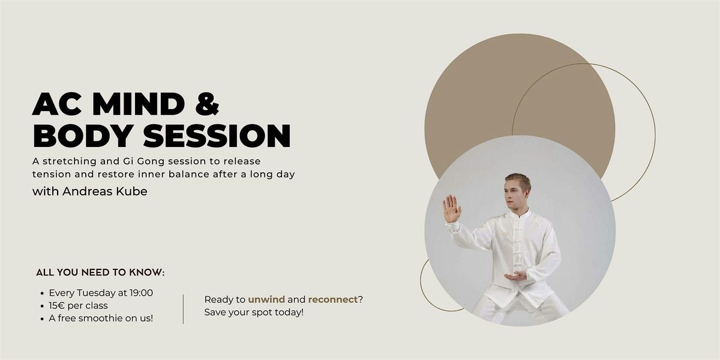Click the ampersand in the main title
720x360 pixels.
click(x=206, y=104)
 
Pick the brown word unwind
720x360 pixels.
click(x=266, y=299)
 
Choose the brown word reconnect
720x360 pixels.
click(x=332, y=299)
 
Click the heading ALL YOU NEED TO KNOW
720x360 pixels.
click(x=100, y=272)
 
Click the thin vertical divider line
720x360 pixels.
click(x=183, y=308)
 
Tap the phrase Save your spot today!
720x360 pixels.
click(x=254, y=312)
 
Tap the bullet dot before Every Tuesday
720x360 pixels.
click(x=41, y=293)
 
